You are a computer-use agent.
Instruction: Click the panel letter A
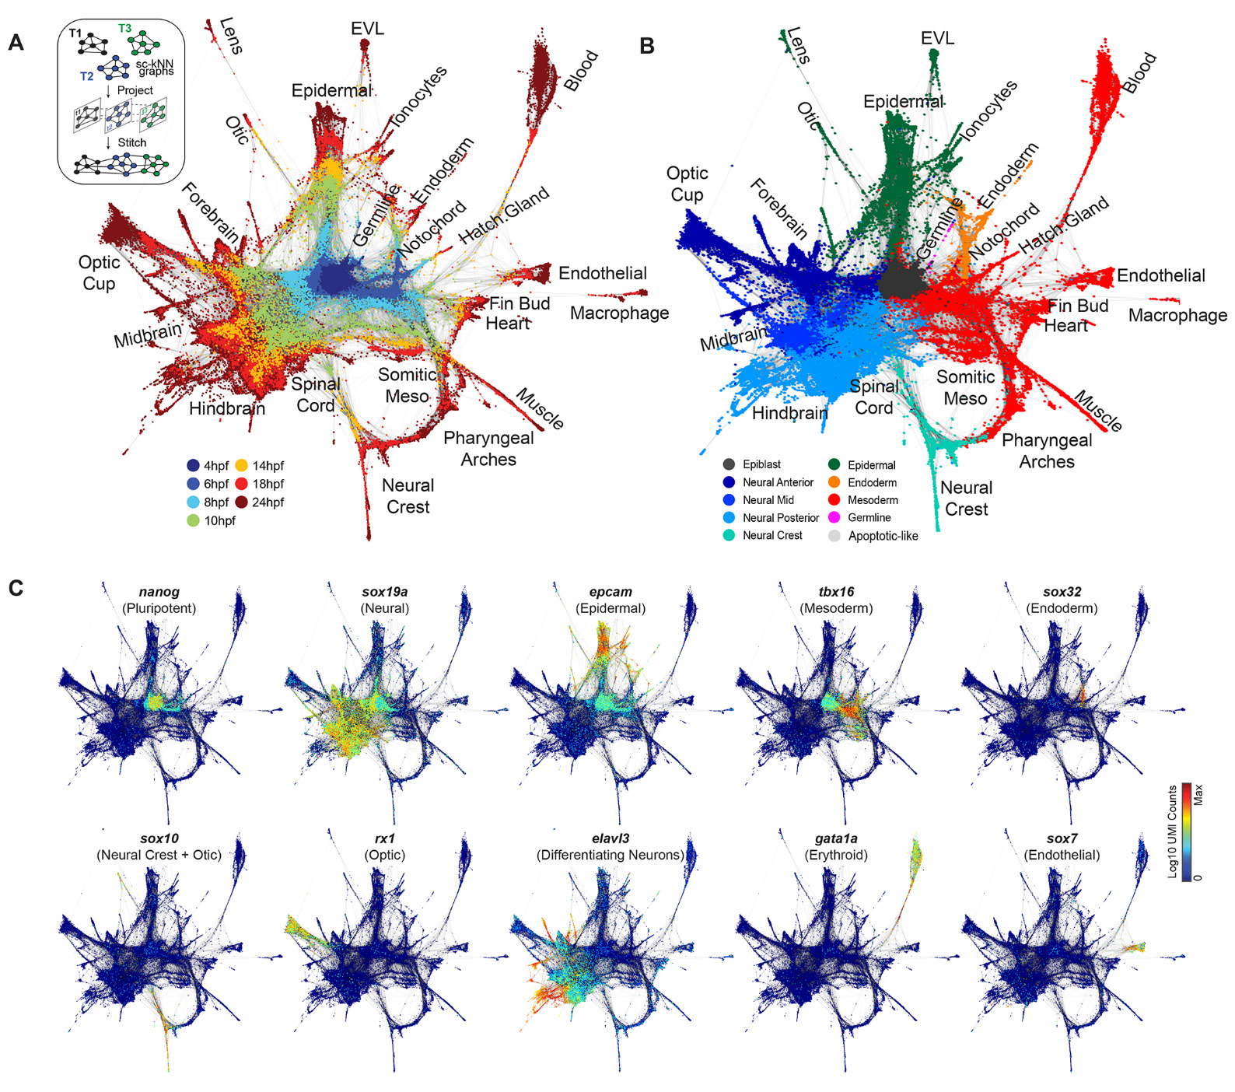point(16,42)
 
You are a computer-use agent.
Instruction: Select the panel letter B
point(646,46)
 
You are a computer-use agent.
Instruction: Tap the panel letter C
point(16,587)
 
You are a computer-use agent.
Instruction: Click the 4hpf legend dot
point(194,466)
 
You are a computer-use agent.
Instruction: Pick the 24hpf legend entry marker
point(242,502)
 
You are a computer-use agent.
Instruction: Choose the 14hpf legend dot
point(242,466)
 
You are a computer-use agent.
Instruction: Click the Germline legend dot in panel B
point(834,517)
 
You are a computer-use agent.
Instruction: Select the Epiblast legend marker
point(729,464)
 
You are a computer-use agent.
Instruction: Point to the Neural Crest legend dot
point(729,535)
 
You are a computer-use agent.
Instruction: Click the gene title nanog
point(159,592)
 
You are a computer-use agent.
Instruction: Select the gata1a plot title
point(836,838)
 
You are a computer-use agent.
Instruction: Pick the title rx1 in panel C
point(385,838)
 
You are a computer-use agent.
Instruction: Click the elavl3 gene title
point(611,838)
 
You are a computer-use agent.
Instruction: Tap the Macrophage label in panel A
point(619,313)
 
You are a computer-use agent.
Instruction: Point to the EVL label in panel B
point(937,38)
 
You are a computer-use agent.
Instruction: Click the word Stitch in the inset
point(131,142)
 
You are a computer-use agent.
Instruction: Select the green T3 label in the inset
point(124,29)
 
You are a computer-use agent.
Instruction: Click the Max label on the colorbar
point(1198,794)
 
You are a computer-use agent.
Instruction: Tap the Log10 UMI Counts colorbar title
point(1173,831)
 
